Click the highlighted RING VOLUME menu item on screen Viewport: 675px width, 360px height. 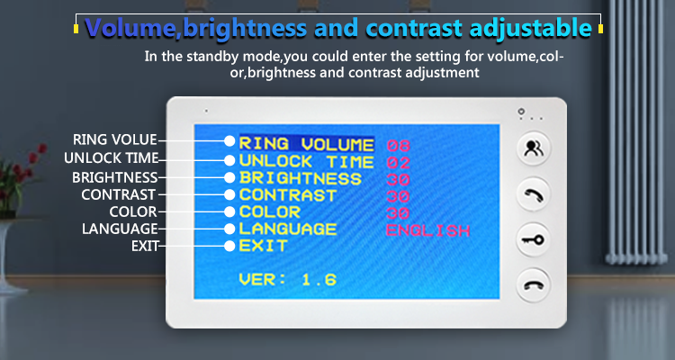point(307,144)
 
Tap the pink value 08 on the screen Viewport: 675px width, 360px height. point(398,146)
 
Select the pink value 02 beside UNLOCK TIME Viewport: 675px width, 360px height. point(398,163)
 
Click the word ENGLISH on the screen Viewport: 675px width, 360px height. point(427,230)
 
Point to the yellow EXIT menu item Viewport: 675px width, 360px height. point(263,246)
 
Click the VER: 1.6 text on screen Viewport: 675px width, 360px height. point(288,280)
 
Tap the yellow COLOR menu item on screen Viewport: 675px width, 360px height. point(270,211)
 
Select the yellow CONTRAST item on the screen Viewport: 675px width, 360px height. point(288,195)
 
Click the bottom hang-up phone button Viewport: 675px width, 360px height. point(534,285)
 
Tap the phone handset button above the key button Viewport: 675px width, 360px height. point(534,194)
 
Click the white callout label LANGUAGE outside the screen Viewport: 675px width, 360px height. point(120,229)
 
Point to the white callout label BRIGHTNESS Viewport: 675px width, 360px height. point(115,177)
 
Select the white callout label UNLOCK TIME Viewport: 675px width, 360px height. point(112,158)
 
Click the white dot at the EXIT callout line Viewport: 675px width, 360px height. point(229,246)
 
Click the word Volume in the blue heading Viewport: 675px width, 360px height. point(130,28)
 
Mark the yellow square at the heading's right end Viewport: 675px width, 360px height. point(600,29)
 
